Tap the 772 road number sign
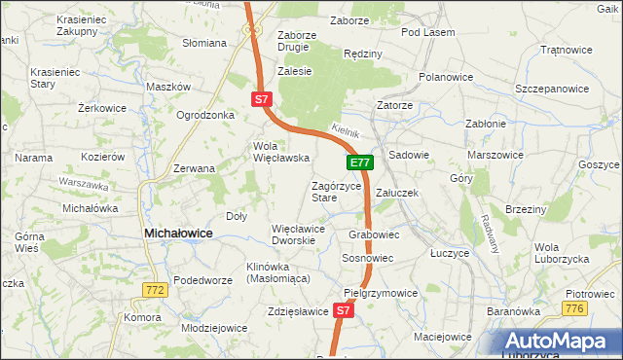click(154, 290)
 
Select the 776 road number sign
click(575, 308)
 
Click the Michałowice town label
click(179, 234)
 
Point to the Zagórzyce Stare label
click(336, 191)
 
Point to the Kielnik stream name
click(346, 129)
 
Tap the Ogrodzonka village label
click(205, 115)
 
